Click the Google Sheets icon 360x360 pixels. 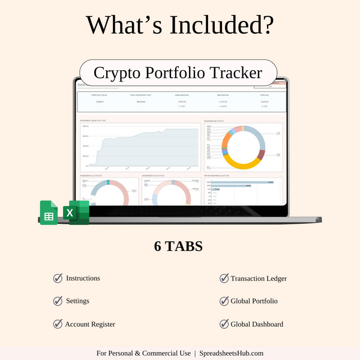pos(49,213)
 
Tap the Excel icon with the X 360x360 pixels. pos(79,213)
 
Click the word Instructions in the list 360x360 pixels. pos(83,278)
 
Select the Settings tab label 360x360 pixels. pos(77,301)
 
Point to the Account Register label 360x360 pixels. pos(90,324)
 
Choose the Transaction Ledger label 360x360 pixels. pos(259,278)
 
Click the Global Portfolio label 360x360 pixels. pos(254,301)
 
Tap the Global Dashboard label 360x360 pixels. pos(257,324)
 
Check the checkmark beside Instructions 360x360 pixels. pos(58,278)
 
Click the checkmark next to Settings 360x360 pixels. pos(58,301)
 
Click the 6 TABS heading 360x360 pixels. pos(179,247)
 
